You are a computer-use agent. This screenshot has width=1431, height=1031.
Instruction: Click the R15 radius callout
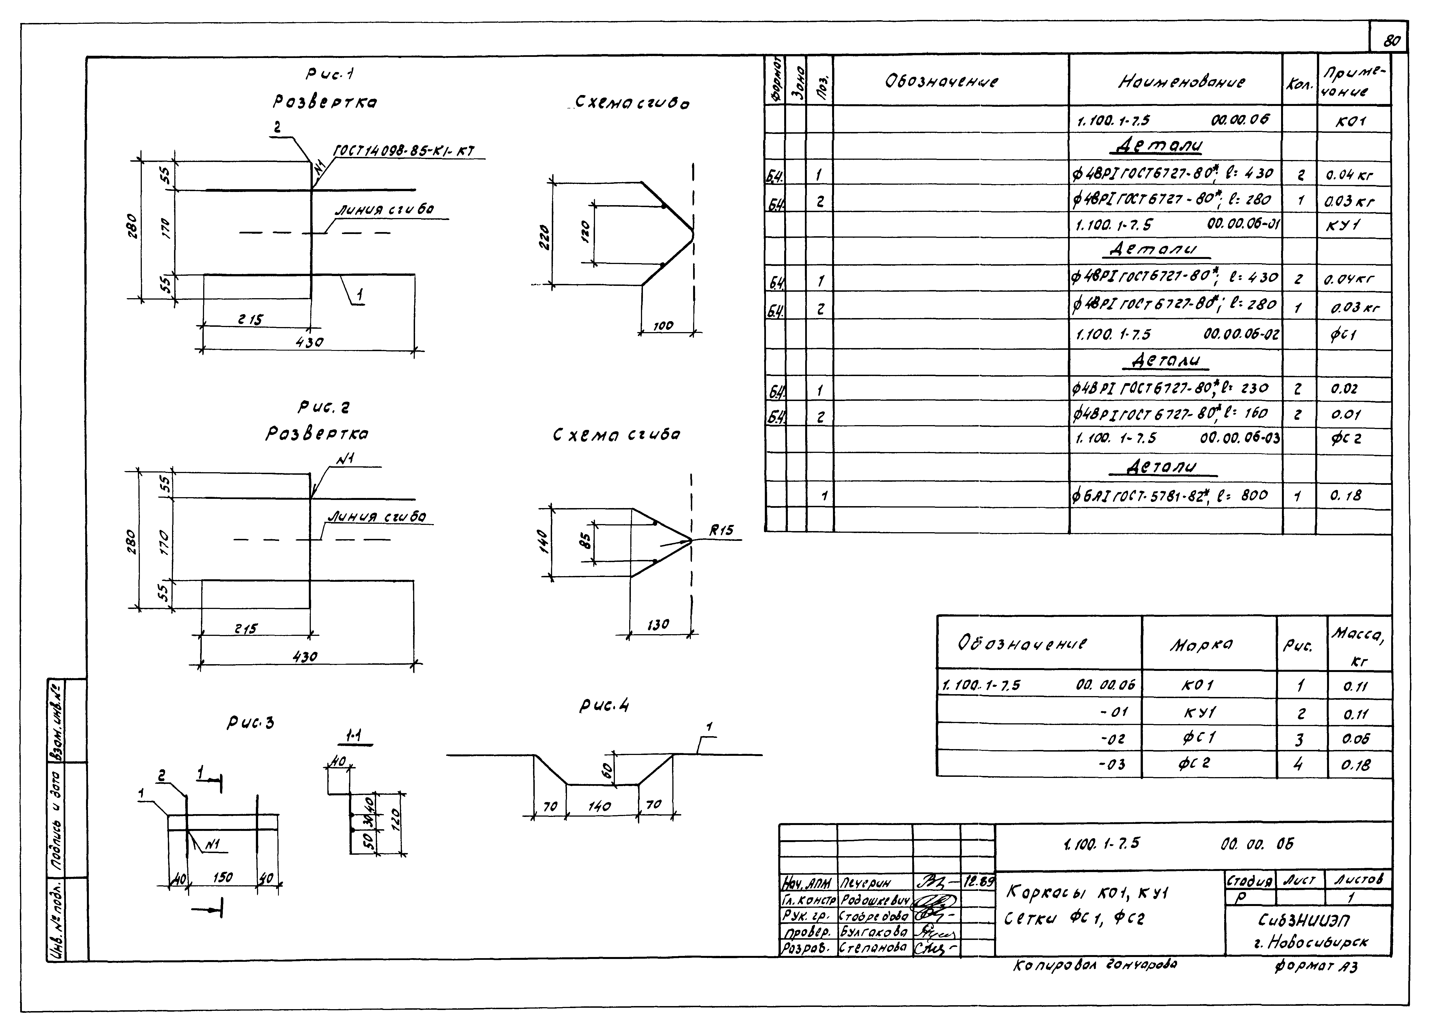point(721,531)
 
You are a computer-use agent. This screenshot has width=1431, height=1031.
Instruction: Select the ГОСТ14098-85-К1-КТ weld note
point(402,151)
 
